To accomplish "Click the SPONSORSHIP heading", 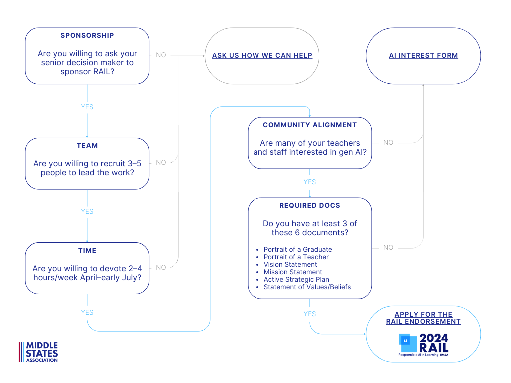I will pos(87,35).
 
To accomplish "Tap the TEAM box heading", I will pos(87,145).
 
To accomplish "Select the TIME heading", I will pos(87,250).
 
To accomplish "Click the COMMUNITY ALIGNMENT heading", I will pos(310,125).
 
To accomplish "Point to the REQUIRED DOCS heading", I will pos(310,205).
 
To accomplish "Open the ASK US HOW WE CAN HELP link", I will pos(262,55).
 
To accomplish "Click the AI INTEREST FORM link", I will pos(423,55).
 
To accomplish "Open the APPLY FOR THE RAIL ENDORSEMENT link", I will pos(423,318).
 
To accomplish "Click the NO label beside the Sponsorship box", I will pos(161,55).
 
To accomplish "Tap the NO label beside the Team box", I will pos(161,162).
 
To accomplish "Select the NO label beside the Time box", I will pos(161,267).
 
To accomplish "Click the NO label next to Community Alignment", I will pos(388,143).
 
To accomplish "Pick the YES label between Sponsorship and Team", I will pos(87,107).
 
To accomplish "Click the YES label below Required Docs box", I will pos(310,314).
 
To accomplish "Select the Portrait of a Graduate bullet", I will pos(297,249).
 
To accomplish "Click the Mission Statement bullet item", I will pos(293,272).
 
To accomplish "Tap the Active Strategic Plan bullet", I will pos(296,279).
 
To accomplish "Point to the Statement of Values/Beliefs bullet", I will pos(307,287).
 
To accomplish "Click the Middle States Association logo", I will pos(39,352).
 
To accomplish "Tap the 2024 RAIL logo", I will pos(423,345).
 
